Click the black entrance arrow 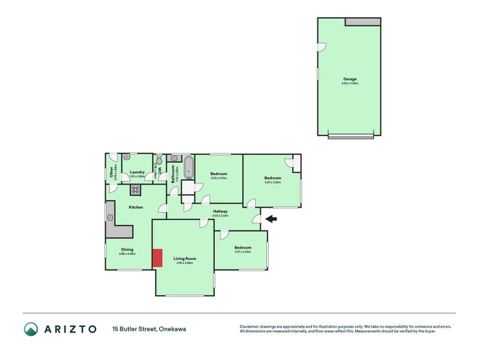tap(271, 219)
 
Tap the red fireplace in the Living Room tap(157, 257)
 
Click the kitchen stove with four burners tap(136, 190)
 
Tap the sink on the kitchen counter tap(110, 216)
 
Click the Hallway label tap(220, 211)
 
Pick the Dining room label tap(127, 249)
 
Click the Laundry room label tap(137, 172)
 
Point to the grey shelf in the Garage tap(362, 22)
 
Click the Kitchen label tap(136, 207)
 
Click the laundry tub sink tap(127, 158)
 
